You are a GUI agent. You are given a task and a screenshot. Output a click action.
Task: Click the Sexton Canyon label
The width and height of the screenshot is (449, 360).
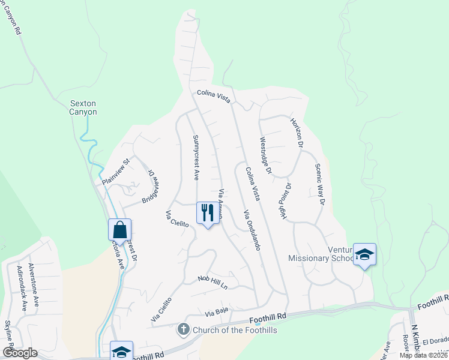pos(83,107)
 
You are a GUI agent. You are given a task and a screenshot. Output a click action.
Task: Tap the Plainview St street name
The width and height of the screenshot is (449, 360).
pos(116,172)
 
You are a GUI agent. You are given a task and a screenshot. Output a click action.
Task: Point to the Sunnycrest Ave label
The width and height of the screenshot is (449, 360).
pos(196,157)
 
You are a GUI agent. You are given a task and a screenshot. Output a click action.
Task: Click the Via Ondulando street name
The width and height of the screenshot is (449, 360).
pos(252,230)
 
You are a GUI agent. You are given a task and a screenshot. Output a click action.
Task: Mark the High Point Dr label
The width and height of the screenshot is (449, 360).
pos(286,200)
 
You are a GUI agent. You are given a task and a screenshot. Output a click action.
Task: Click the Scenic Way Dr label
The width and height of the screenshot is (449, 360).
pos(319,185)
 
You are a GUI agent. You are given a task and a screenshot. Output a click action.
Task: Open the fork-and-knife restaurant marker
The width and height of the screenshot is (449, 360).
pos(208,213)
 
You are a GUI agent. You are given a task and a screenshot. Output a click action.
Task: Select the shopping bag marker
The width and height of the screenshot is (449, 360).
pos(119,230)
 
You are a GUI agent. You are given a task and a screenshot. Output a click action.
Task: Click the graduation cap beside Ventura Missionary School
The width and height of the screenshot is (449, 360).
pos(364,254)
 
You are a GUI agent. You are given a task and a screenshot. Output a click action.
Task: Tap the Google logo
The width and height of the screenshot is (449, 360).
pos(20,353)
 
